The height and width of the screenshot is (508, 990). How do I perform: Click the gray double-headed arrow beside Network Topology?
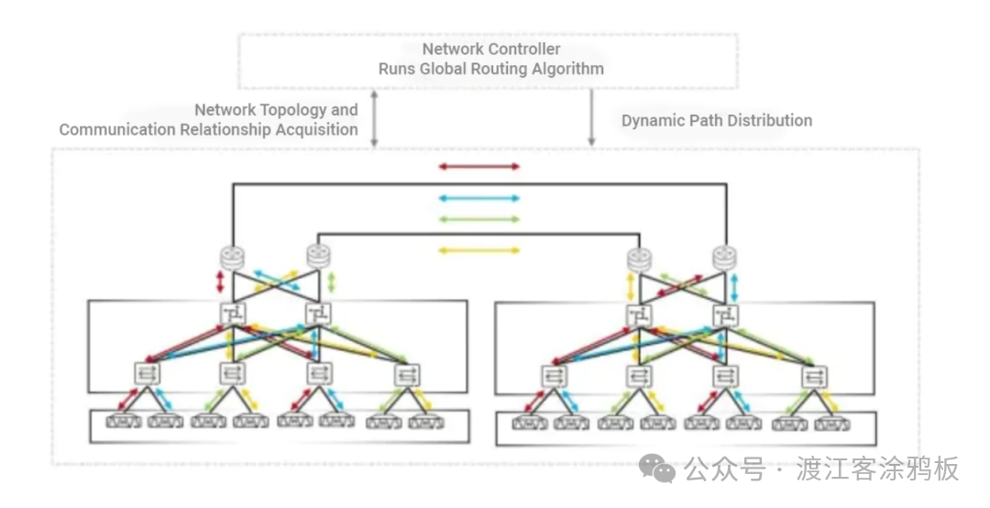point(374,118)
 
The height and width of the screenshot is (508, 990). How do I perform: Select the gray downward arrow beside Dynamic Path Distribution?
point(591,118)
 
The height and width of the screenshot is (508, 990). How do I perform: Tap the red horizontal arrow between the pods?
point(478,167)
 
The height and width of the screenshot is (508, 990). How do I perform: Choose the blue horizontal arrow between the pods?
point(478,198)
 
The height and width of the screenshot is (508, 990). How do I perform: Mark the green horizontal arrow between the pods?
point(478,219)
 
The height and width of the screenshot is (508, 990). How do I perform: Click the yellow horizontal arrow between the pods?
point(478,249)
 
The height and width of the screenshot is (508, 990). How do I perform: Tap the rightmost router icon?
point(725,259)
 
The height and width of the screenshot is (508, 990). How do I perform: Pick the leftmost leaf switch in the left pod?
point(148,373)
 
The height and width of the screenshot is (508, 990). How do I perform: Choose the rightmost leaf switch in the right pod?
point(813,376)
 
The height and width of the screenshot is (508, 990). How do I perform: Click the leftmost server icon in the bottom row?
point(123,422)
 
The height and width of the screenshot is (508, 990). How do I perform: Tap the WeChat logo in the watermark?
point(657,469)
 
